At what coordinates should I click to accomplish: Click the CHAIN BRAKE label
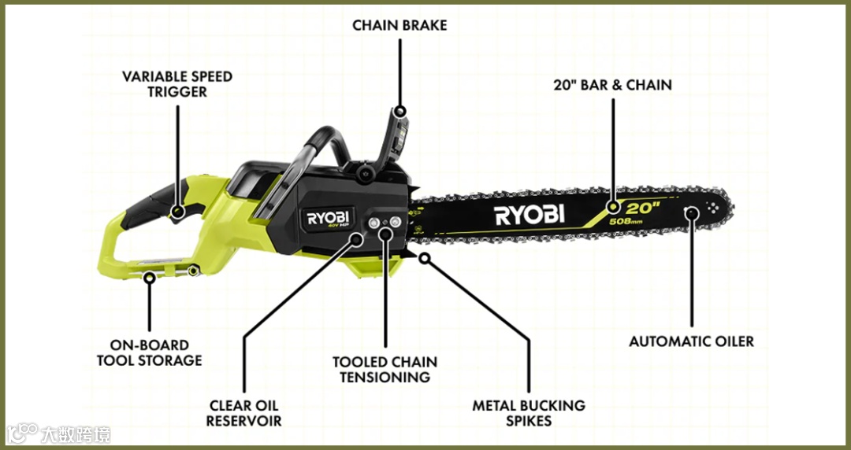tap(399, 25)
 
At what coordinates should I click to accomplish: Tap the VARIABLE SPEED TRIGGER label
tap(177, 84)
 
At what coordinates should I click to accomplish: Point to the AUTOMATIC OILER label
tap(691, 341)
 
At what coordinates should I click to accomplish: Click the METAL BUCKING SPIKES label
tap(529, 413)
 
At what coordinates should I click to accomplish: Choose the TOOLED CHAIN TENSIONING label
tap(385, 370)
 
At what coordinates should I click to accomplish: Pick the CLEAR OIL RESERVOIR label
tap(244, 413)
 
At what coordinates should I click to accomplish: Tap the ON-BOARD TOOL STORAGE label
tap(149, 352)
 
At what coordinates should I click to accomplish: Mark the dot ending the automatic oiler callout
tap(692, 212)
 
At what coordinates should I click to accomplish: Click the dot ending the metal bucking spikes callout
tap(425, 256)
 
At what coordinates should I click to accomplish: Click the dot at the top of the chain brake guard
tap(400, 112)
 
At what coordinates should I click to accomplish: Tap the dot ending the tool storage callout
tap(149, 275)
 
